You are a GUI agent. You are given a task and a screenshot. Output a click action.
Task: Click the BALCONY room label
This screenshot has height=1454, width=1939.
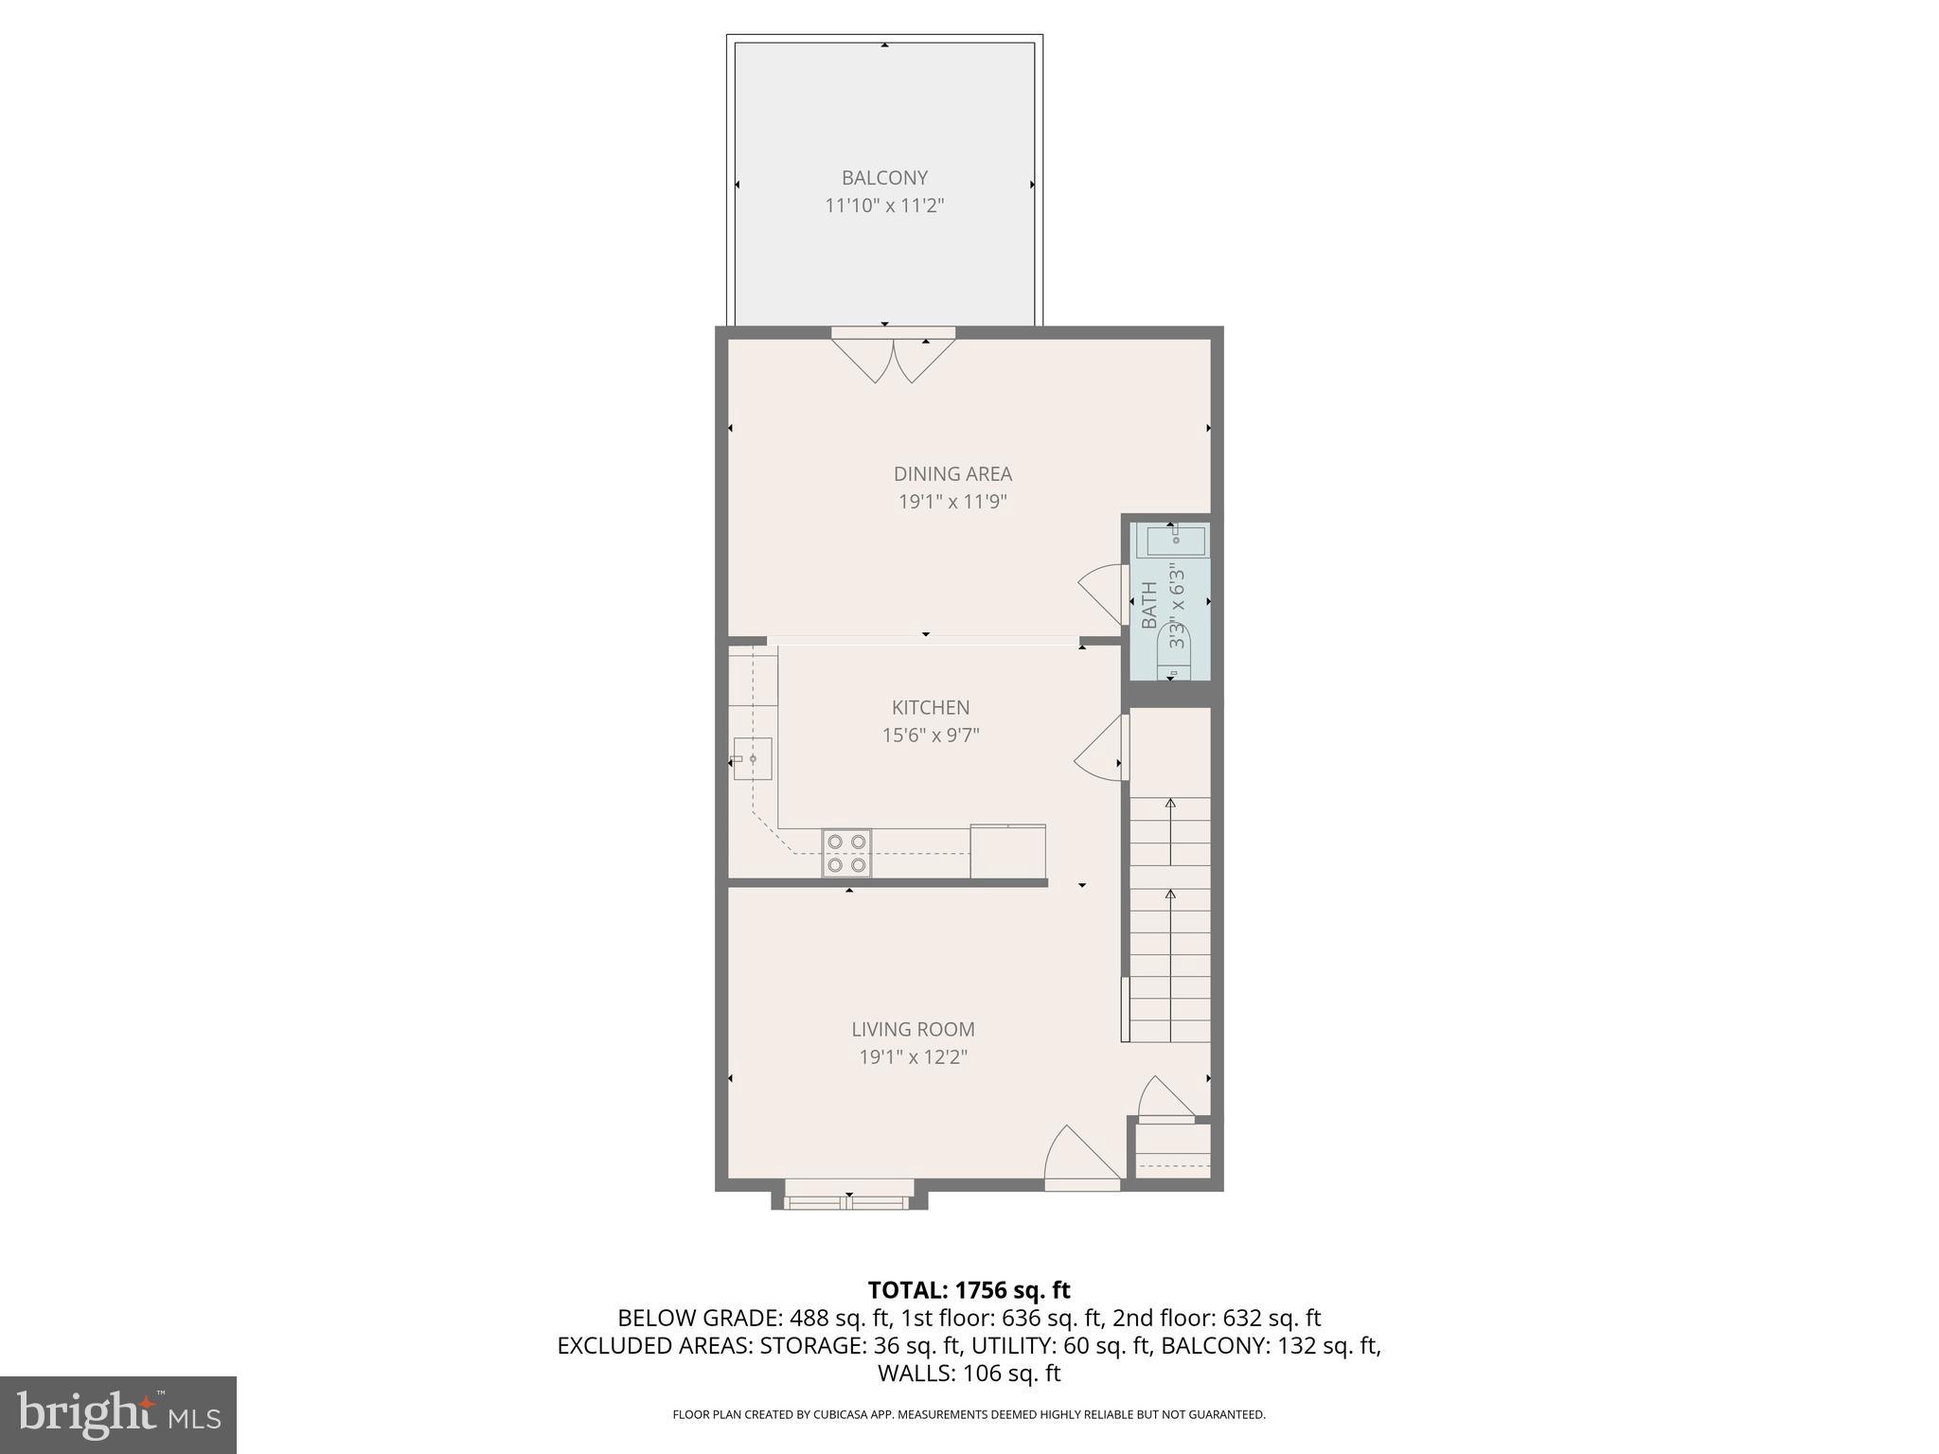coord(884,178)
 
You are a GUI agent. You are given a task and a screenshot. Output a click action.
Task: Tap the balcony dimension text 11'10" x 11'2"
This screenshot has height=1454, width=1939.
coord(884,205)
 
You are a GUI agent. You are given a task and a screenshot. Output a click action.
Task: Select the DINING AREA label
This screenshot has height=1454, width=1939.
coord(952,474)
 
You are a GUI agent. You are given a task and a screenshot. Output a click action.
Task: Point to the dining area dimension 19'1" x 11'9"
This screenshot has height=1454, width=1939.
coord(952,502)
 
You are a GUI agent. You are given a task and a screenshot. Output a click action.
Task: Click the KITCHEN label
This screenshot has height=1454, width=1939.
coord(930,707)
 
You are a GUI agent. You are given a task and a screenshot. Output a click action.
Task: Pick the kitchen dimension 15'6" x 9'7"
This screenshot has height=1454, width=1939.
coord(930,735)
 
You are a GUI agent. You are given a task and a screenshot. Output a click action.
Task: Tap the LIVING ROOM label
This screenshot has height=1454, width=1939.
coord(913,1029)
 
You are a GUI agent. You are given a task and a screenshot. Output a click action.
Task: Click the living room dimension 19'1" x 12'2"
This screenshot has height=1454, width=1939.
coord(913,1056)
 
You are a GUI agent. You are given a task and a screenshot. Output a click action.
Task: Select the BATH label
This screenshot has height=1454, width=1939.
coord(1149,606)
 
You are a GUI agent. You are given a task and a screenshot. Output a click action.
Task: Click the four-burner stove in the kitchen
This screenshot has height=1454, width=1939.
coord(846,853)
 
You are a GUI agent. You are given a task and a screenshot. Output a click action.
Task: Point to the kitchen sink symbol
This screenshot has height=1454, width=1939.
coord(753,759)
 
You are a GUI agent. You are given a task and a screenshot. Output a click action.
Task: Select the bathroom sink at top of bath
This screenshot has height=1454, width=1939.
coord(1176,541)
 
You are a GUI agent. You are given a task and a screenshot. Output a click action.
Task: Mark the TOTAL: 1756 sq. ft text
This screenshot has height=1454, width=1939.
coord(969,1290)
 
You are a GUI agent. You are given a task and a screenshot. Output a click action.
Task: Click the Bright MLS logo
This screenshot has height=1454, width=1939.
coord(117,1414)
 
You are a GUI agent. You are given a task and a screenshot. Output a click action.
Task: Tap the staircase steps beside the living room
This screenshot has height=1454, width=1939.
coord(1171,918)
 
